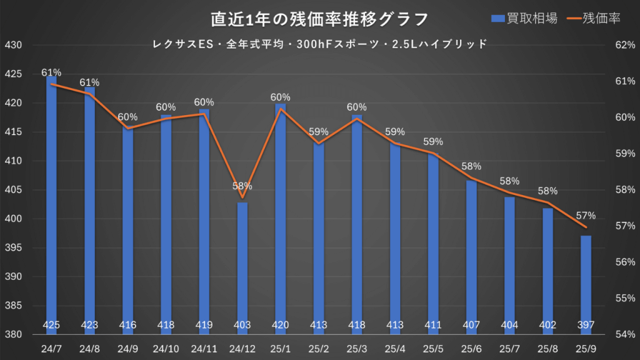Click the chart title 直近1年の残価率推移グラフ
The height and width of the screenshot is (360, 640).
click(x=319, y=19)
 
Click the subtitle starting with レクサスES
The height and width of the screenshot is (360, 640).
click(x=319, y=44)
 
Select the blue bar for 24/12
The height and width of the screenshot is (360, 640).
click(x=242, y=269)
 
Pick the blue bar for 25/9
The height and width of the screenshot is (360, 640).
click(x=586, y=285)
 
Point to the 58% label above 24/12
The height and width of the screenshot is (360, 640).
click(x=242, y=186)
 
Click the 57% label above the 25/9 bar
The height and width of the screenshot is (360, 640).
click(x=586, y=215)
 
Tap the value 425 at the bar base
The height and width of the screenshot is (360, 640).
click(x=51, y=325)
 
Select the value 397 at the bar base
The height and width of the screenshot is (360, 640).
click(x=586, y=325)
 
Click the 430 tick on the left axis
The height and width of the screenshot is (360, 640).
click(x=13, y=46)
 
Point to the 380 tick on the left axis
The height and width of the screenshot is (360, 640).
click(x=13, y=334)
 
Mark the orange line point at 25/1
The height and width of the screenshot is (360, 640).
click(x=281, y=109)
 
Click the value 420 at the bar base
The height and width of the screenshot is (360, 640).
click(x=281, y=325)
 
